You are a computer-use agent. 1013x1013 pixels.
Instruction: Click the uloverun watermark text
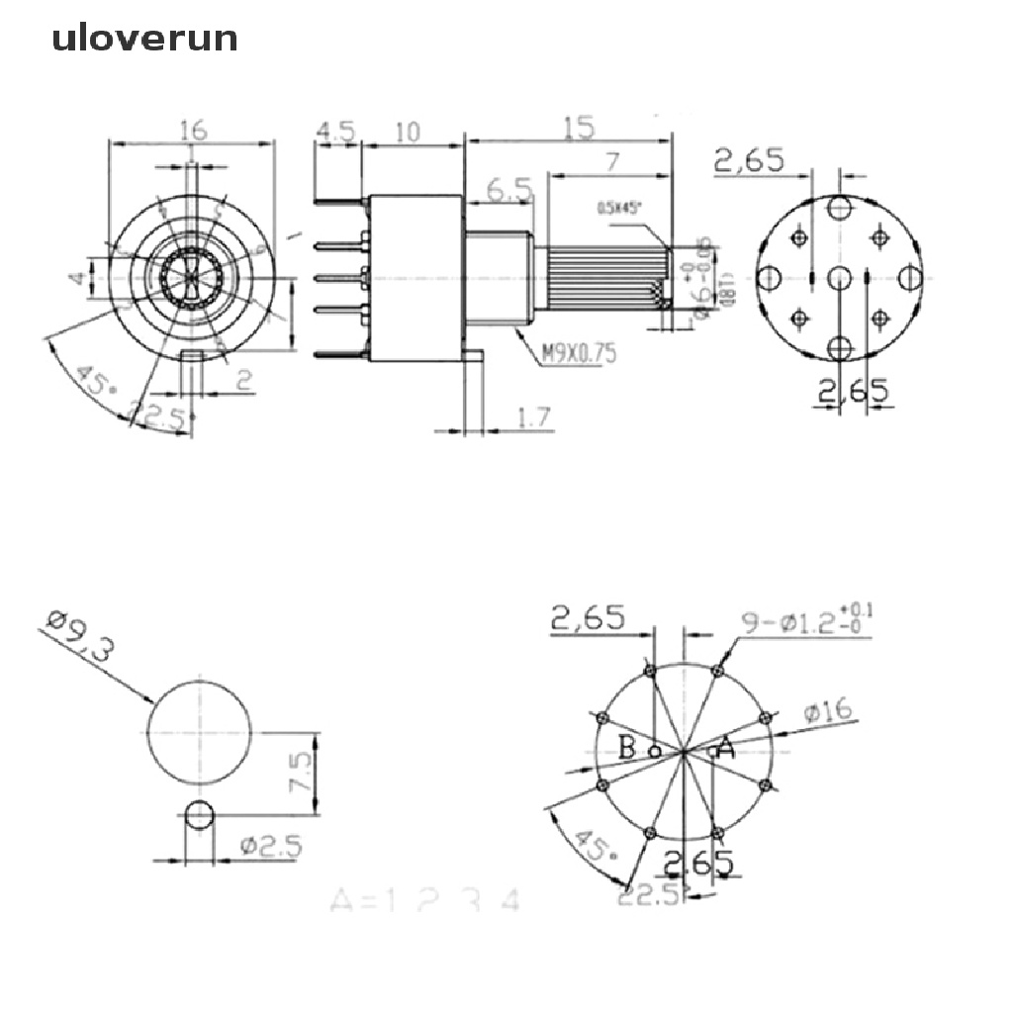pyautogui.click(x=145, y=39)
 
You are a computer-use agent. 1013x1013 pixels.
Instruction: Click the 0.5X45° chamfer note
pyautogui.click(x=619, y=208)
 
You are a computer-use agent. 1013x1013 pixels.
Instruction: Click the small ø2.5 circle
pyautogui.click(x=199, y=815)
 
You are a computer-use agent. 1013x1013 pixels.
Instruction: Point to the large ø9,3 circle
pyautogui.click(x=200, y=730)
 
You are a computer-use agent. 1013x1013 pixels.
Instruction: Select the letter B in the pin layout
pyautogui.click(x=627, y=748)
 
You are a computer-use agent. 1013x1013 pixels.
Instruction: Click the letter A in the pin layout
pyautogui.click(x=725, y=749)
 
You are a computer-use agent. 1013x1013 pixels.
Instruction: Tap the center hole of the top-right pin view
pyautogui.click(x=840, y=278)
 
